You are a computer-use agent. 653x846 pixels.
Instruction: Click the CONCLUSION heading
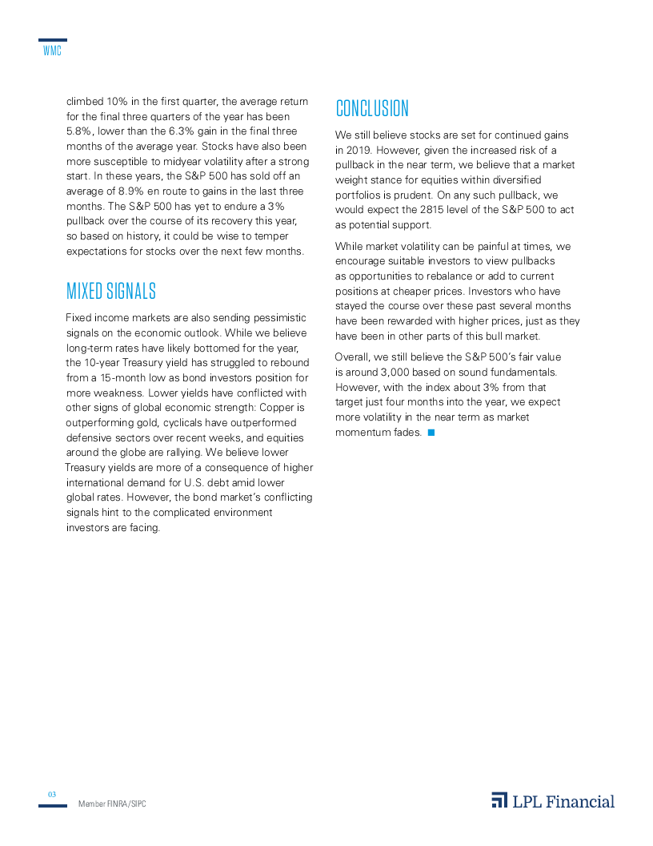(372, 109)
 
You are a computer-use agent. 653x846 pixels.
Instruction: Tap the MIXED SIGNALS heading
(110, 291)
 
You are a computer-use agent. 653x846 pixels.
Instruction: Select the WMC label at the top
(52, 52)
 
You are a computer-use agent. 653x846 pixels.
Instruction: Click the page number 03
(52, 794)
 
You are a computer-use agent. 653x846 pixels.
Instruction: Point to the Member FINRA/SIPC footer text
(112, 804)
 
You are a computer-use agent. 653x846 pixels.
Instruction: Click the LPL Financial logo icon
(499, 800)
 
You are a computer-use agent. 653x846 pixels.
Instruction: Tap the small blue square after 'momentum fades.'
(431, 433)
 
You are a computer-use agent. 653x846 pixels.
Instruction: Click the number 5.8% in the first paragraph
(78, 131)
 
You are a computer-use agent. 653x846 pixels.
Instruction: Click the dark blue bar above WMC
(52, 40)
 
